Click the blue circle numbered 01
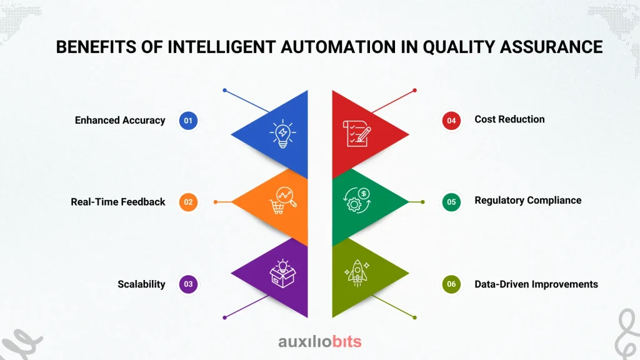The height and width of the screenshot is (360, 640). point(188,121)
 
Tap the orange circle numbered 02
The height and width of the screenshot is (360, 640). point(188,202)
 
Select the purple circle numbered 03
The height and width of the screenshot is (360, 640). point(188,284)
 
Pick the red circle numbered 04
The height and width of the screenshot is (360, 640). point(451,121)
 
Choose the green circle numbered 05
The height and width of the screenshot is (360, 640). point(451,202)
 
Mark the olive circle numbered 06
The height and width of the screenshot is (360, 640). point(451,284)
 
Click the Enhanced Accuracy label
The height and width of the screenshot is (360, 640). point(120,121)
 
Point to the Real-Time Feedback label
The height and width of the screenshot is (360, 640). point(118,202)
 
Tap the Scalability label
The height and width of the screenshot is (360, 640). point(141,284)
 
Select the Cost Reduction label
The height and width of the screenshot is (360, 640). point(509,119)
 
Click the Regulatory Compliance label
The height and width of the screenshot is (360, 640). point(527,201)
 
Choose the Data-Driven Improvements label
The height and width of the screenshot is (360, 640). point(536,284)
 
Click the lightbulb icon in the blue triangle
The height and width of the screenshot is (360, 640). point(282,134)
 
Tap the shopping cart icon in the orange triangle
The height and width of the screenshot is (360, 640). point(282,201)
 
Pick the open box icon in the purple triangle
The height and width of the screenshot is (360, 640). point(282,274)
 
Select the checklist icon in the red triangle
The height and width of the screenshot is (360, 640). point(357,134)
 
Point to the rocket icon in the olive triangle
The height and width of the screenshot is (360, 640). point(357,273)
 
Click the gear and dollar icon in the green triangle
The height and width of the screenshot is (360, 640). point(357,200)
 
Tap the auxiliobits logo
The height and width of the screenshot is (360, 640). point(319,341)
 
